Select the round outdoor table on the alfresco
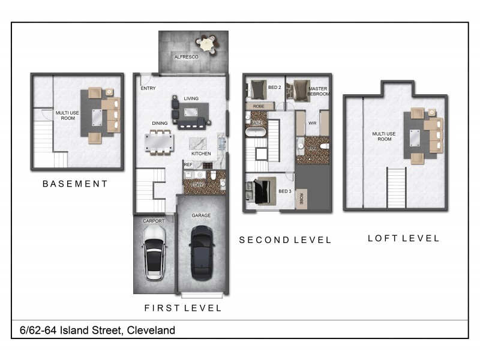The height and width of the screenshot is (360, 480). point(206,43)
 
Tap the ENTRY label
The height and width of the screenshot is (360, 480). point(148,88)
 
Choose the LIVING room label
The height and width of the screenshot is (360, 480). point(191,98)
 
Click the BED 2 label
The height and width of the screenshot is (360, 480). point(275,88)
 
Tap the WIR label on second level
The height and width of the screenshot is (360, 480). point(312,124)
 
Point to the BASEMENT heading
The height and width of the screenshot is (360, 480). point(75,184)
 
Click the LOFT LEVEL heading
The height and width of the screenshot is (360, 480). point(403,238)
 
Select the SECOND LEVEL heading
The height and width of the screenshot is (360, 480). point(285,240)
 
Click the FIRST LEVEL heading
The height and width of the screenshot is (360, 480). point(183,308)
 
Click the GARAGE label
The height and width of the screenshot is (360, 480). point(200,215)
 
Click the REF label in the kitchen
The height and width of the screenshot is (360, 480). point(188,164)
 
